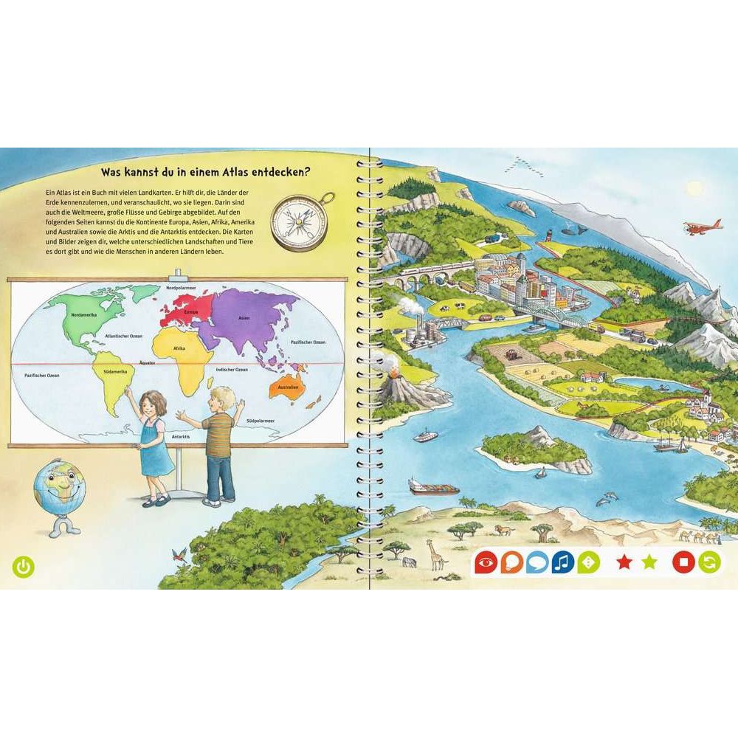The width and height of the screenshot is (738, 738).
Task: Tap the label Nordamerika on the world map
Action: [77, 315]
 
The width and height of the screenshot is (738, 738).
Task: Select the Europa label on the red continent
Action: [191, 311]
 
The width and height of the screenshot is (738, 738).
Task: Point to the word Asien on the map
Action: [244, 318]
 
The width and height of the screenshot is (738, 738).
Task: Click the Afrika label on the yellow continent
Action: [179, 348]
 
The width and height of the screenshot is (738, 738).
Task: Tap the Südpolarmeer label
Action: [261, 420]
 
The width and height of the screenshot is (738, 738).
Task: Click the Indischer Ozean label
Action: [232, 369]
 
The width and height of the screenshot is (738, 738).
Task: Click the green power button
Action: [24, 567]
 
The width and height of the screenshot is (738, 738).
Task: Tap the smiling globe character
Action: [59, 490]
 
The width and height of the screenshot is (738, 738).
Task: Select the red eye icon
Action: [485, 563]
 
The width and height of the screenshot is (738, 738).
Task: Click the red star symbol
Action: [624, 563]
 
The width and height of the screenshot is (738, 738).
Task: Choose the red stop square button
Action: [683, 563]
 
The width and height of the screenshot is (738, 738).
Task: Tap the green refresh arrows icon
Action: [710, 563]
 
